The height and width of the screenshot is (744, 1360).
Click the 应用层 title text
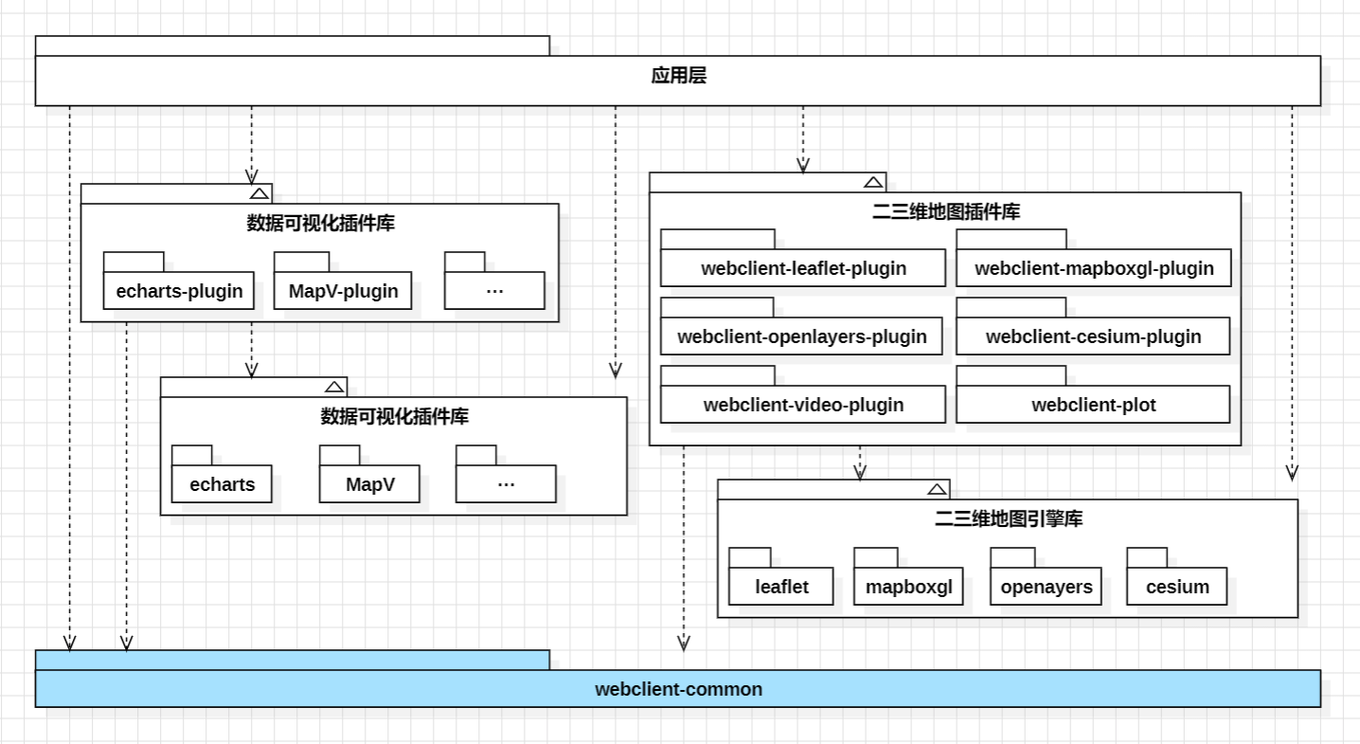pyautogui.click(x=678, y=77)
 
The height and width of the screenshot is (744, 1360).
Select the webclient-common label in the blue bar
pyautogui.click(x=678, y=689)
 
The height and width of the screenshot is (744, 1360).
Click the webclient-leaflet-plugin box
pyautogui.click(x=803, y=268)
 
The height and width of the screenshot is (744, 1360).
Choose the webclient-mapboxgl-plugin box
pyautogui.click(x=1093, y=268)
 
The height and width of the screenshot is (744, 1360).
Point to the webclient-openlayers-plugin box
pyautogui.click(x=801, y=336)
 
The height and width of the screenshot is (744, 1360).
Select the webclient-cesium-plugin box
pyautogui.click(x=1093, y=336)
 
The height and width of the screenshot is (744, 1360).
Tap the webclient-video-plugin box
pyautogui.click(x=803, y=405)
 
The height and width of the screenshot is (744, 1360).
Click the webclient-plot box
pyautogui.click(x=1093, y=405)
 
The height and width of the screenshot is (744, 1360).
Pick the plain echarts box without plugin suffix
pyautogui.click(x=222, y=484)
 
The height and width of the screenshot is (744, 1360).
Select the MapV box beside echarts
pyautogui.click(x=369, y=484)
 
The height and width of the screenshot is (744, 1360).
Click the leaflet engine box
pyautogui.click(x=781, y=587)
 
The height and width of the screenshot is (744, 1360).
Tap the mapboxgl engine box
pyautogui.click(x=908, y=587)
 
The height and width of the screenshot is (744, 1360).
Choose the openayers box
pyautogui.click(x=1046, y=587)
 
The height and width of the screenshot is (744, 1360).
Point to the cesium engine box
pyautogui.click(x=1176, y=587)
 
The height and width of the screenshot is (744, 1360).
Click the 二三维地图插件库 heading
pyautogui.click(x=945, y=212)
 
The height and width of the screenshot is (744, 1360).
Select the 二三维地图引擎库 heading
pyautogui.click(x=1008, y=519)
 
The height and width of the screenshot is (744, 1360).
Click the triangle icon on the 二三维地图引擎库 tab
pyautogui.click(x=937, y=489)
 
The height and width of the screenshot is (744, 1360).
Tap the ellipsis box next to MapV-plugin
pyautogui.click(x=494, y=291)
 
